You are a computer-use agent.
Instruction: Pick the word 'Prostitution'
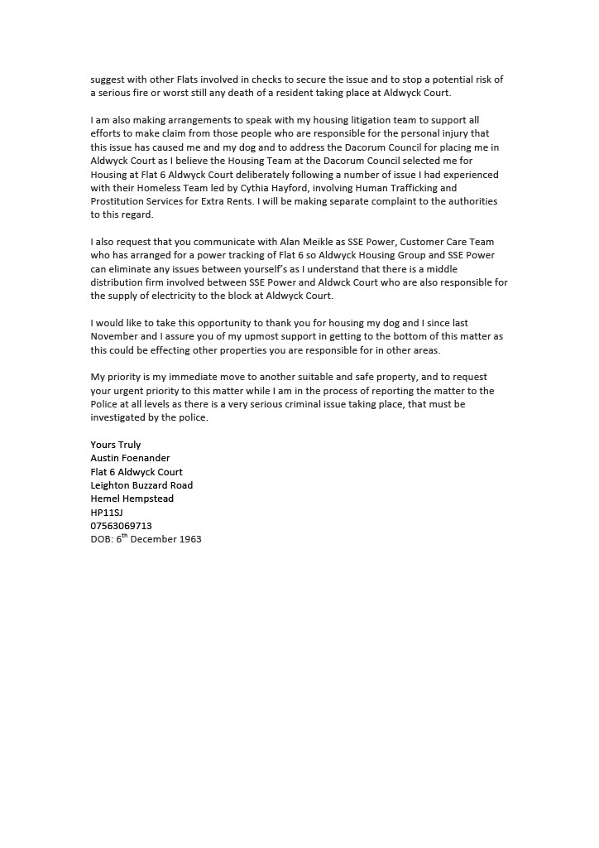pos(119,201)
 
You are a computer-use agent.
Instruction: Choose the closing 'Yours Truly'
pos(116,445)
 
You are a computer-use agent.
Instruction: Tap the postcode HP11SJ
pos(107,513)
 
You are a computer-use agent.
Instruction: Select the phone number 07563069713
pos(121,526)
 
